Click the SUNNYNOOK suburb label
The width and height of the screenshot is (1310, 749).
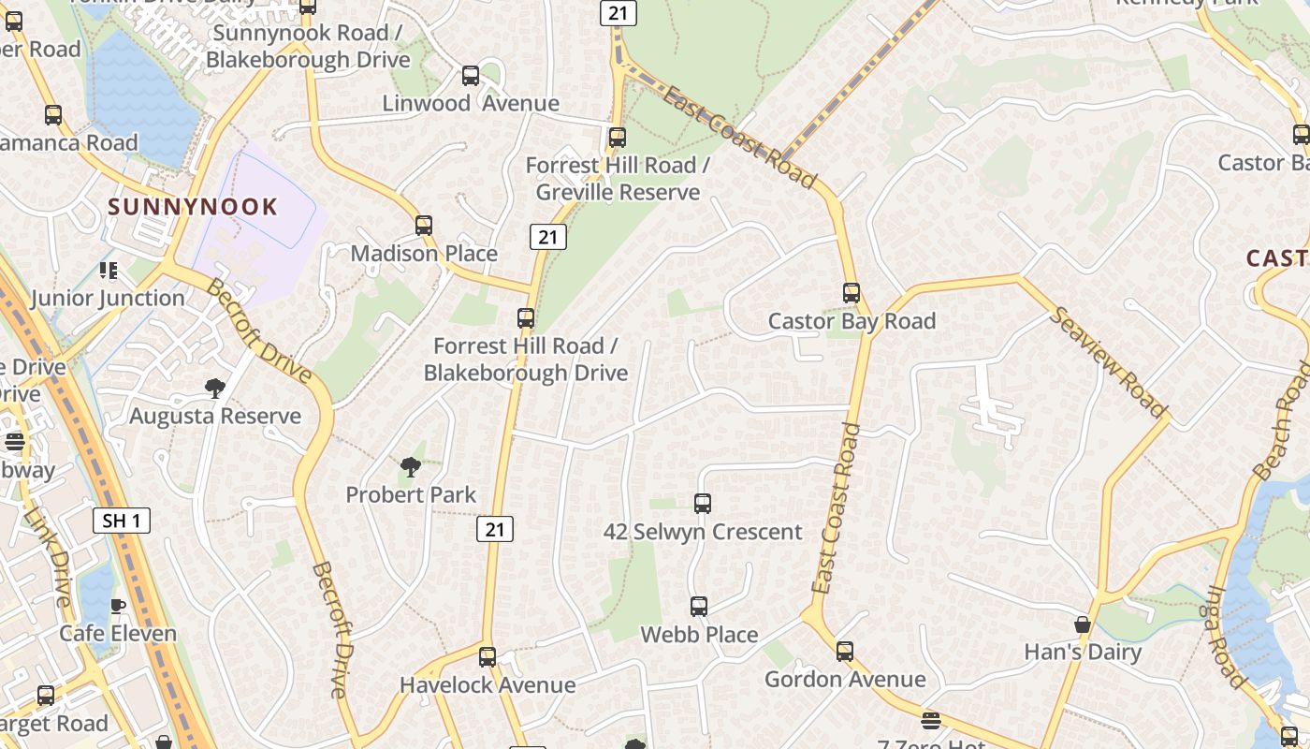(194, 206)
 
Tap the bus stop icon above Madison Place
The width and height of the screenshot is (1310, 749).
(424, 226)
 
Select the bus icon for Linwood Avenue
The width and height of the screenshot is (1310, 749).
(471, 76)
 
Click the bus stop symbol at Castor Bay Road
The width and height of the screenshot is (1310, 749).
(851, 293)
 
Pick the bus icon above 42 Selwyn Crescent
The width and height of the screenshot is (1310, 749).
(703, 504)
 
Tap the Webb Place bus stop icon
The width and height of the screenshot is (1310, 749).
(699, 607)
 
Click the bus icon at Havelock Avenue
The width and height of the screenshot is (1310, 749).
(488, 657)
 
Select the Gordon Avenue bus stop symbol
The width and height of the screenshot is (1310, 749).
(845, 652)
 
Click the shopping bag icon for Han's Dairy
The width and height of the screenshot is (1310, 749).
(1083, 624)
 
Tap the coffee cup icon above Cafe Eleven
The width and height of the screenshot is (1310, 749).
(118, 606)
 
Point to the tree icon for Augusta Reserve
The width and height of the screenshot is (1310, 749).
(215, 389)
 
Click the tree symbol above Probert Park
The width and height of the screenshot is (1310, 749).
(410, 467)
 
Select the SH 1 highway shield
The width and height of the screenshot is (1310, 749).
(122, 521)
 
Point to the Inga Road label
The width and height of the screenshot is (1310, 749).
(1227, 637)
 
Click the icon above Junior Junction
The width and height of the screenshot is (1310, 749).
(109, 271)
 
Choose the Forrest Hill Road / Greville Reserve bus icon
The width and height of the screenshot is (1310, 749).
(617, 138)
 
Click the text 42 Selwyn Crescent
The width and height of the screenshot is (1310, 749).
(703, 532)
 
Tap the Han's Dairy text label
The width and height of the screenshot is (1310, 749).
(1083, 653)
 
